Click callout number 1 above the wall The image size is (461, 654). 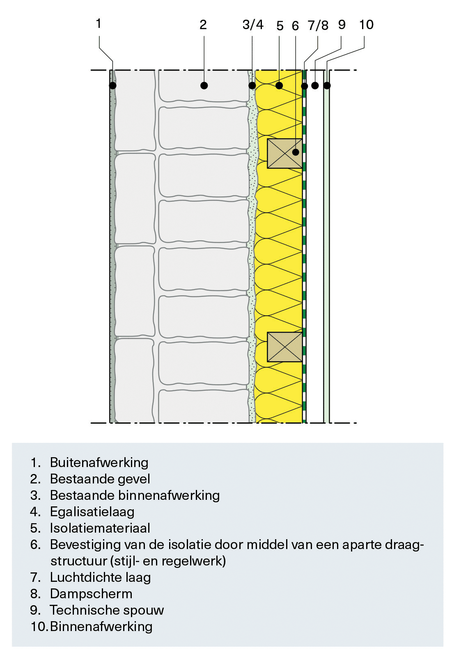click(99, 23)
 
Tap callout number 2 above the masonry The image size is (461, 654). click(203, 25)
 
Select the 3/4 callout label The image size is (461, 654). click(253, 25)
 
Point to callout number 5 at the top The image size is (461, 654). click(280, 26)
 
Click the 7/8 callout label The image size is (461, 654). click(318, 26)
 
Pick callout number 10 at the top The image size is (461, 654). click(366, 25)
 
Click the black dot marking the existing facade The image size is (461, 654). click(204, 86)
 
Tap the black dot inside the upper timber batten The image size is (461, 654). click(296, 152)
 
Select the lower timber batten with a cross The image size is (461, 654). click(285, 347)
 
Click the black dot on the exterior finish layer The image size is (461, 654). click(112, 86)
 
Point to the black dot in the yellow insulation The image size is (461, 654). click(279, 86)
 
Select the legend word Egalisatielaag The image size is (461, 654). click(92, 512)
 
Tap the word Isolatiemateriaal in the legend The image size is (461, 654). click(100, 528)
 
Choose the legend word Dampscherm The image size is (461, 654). click(91, 594)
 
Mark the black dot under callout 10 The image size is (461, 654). click(327, 86)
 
